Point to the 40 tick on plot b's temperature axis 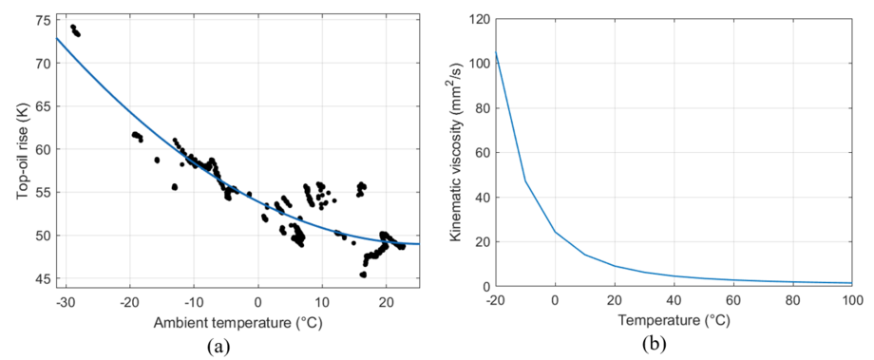click(674, 302)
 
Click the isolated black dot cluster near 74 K click(75, 30)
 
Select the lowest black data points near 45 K click(363, 275)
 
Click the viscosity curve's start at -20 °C click(496, 53)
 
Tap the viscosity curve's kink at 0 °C click(555, 231)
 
